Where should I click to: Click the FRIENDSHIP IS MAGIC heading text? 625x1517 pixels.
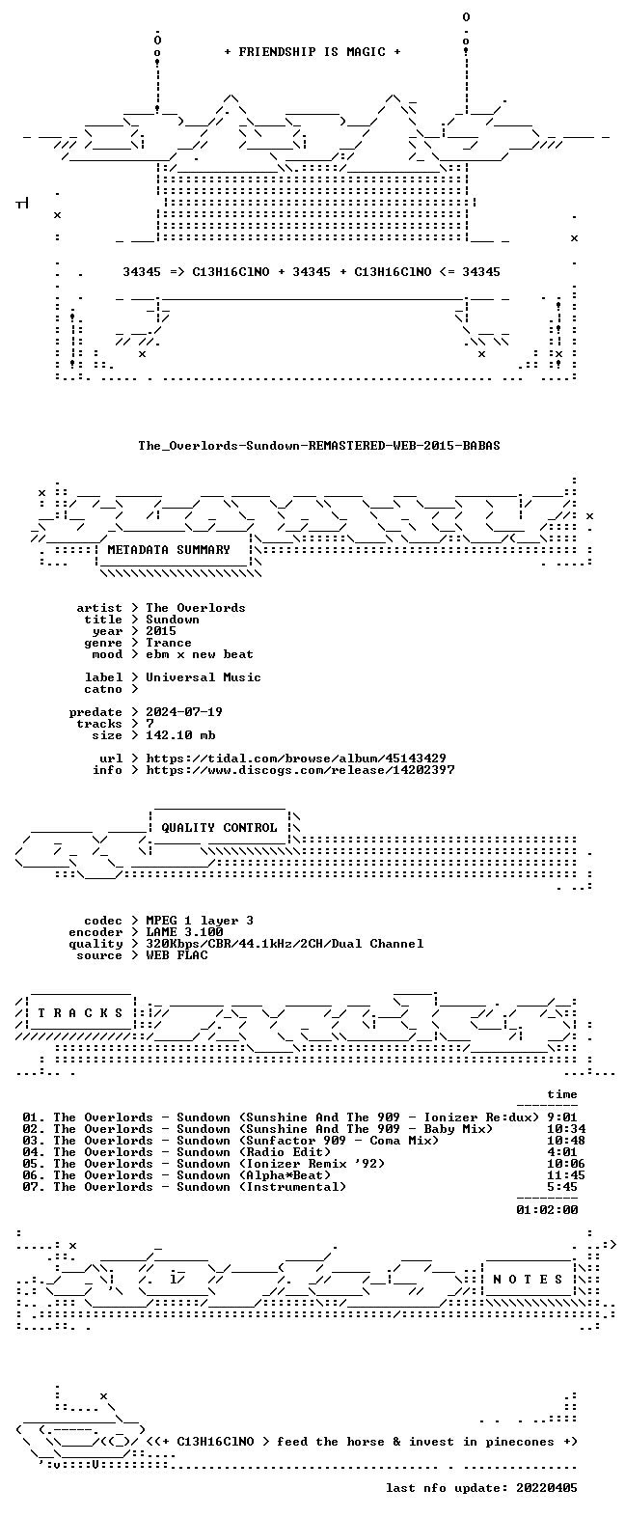click(x=312, y=52)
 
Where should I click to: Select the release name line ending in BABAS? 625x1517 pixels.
click(x=319, y=446)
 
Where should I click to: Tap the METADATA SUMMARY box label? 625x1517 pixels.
click(x=169, y=550)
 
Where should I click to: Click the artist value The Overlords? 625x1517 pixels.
click(x=196, y=608)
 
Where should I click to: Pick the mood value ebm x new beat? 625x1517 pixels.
click(x=200, y=654)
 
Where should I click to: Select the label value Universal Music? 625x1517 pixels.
click(x=204, y=677)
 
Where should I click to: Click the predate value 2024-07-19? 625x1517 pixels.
click(x=184, y=712)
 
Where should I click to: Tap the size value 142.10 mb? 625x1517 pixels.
click(x=180, y=734)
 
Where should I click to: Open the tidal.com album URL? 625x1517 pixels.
click(x=296, y=758)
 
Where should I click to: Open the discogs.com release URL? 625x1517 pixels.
click(x=300, y=770)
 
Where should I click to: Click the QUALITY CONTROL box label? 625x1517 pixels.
click(x=219, y=828)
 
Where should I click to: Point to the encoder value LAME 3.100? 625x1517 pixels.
click(x=184, y=932)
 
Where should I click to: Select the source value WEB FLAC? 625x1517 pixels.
click(x=177, y=955)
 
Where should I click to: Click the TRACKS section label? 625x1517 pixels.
click(x=80, y=1013)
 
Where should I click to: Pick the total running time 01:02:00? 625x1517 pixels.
click(x=547, y=1209)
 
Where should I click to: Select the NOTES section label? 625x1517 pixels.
click(x=529, y=1280)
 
